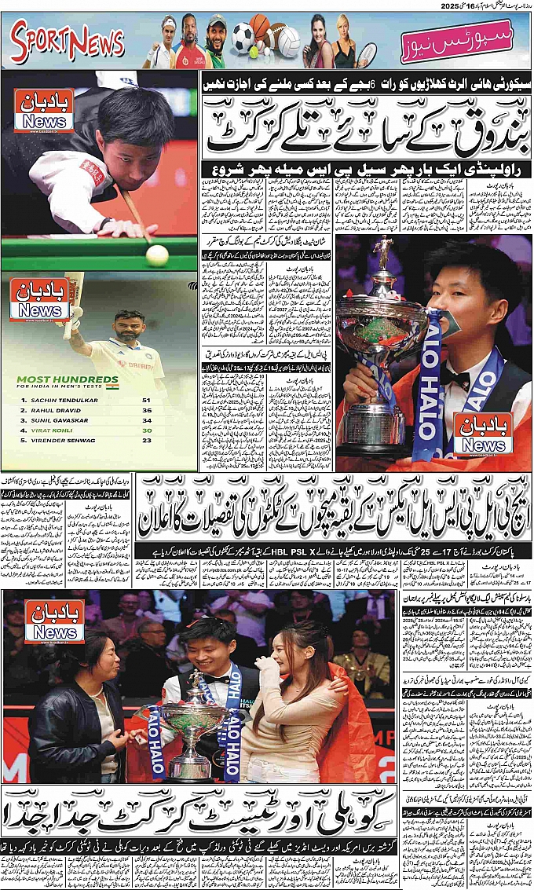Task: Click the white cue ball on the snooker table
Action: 157,255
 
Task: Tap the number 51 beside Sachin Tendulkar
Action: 145,400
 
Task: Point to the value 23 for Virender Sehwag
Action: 145,440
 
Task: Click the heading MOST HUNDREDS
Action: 52,379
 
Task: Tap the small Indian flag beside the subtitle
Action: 112,386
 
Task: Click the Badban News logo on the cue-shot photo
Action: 44,110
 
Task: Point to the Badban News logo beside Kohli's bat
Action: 38,299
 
